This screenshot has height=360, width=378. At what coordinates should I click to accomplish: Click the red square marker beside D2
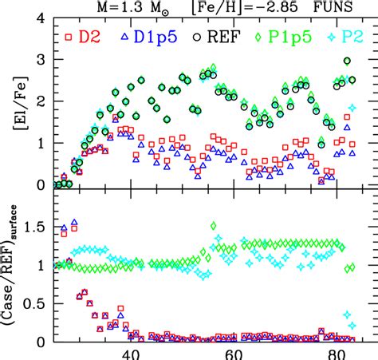point(69,37)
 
